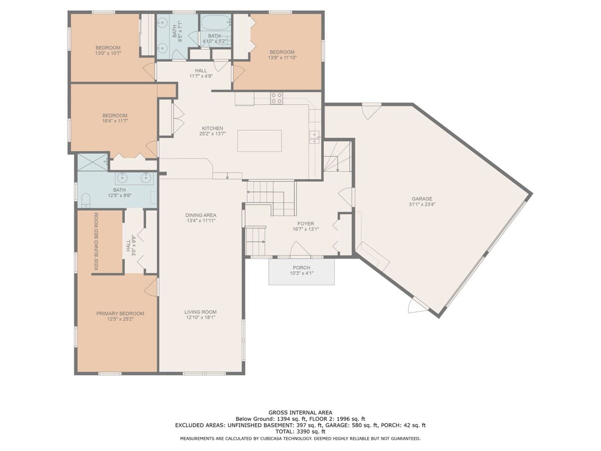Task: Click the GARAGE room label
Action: click(x=422, y=199)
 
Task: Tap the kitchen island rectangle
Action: click(x=259, y=141)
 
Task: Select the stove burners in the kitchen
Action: click(x=276, y=98)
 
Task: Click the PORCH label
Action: click(x=302, y=268)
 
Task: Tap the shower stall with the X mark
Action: click(x=93, y=162)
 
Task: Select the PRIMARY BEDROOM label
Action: click(x=120, y=314)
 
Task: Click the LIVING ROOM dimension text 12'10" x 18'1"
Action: click(x=200, y=318)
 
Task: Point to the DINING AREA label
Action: click(x=201, y=215)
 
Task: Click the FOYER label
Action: click(x=306, y=223)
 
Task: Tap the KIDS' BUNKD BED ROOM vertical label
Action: click(x=96, y=242)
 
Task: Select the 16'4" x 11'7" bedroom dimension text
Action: click(x=115, y=121)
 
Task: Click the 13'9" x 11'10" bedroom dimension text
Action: click(x=282, y=58)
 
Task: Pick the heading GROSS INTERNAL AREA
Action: click(x=300, y=412)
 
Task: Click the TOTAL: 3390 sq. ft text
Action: click(x=300, y=432)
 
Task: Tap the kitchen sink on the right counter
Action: click(x=315, y=137)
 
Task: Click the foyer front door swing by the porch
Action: click(x=300, y=249)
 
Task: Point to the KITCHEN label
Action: click(x=212, y=128)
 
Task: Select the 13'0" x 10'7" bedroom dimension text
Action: click(x=108, y=53)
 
